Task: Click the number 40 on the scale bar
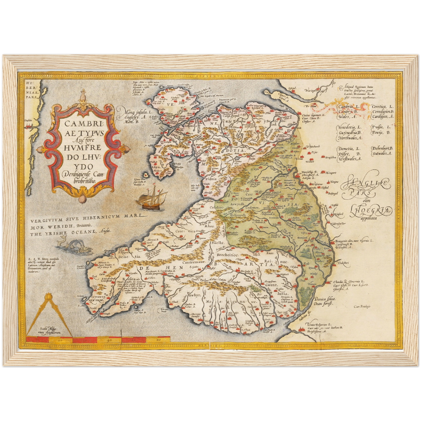(x=109, y=340)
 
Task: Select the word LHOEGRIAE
(x=371, y=210)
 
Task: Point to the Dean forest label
(x=323, y=303)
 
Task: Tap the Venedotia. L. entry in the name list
(x=350, y=128)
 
